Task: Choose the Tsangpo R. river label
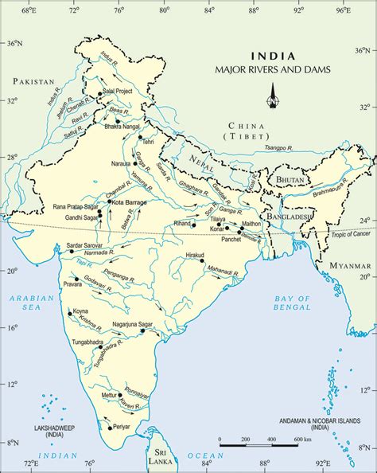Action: click(x=277, y=148)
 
